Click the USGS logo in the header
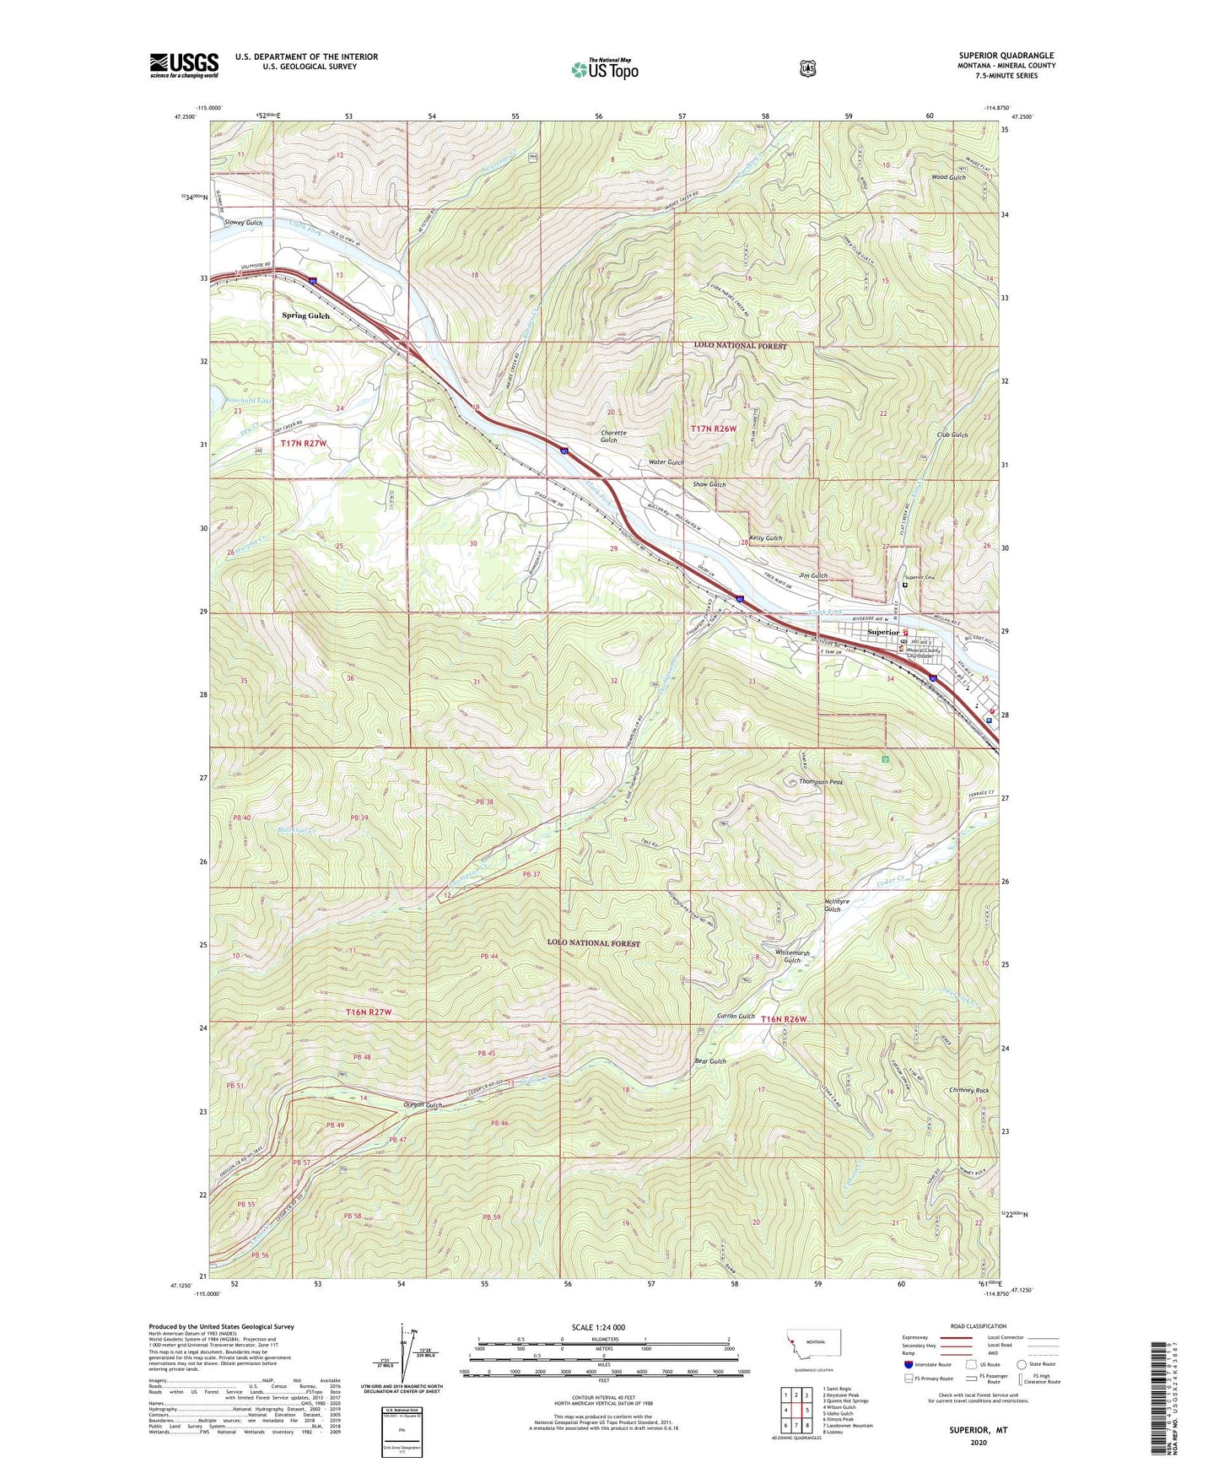[x=184, y=65]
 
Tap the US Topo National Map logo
[x=602, y=68]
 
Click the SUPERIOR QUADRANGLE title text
[x=1006, y=56]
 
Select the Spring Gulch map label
[x=306, y=316]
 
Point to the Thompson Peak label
[x=821, y=782]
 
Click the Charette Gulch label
[x=614, y=437]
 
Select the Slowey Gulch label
[x=243, y=223]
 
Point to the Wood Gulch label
[x=948, y=177]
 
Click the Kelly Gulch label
[x=766, y=538]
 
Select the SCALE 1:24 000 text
[x=598, y=1327]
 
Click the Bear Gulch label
[x=709, y=1061]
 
